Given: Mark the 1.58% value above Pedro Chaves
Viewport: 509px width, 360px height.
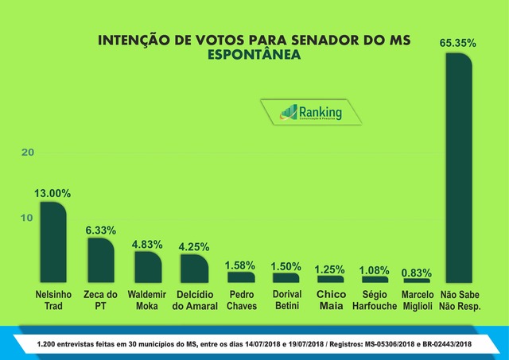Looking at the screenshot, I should click(240, 264).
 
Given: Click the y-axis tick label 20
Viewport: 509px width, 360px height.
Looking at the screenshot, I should click(28, 152).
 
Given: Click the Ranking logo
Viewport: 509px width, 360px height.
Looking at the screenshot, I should click(311, 113).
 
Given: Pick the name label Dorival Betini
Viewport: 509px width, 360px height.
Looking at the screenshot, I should click(286, 301).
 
